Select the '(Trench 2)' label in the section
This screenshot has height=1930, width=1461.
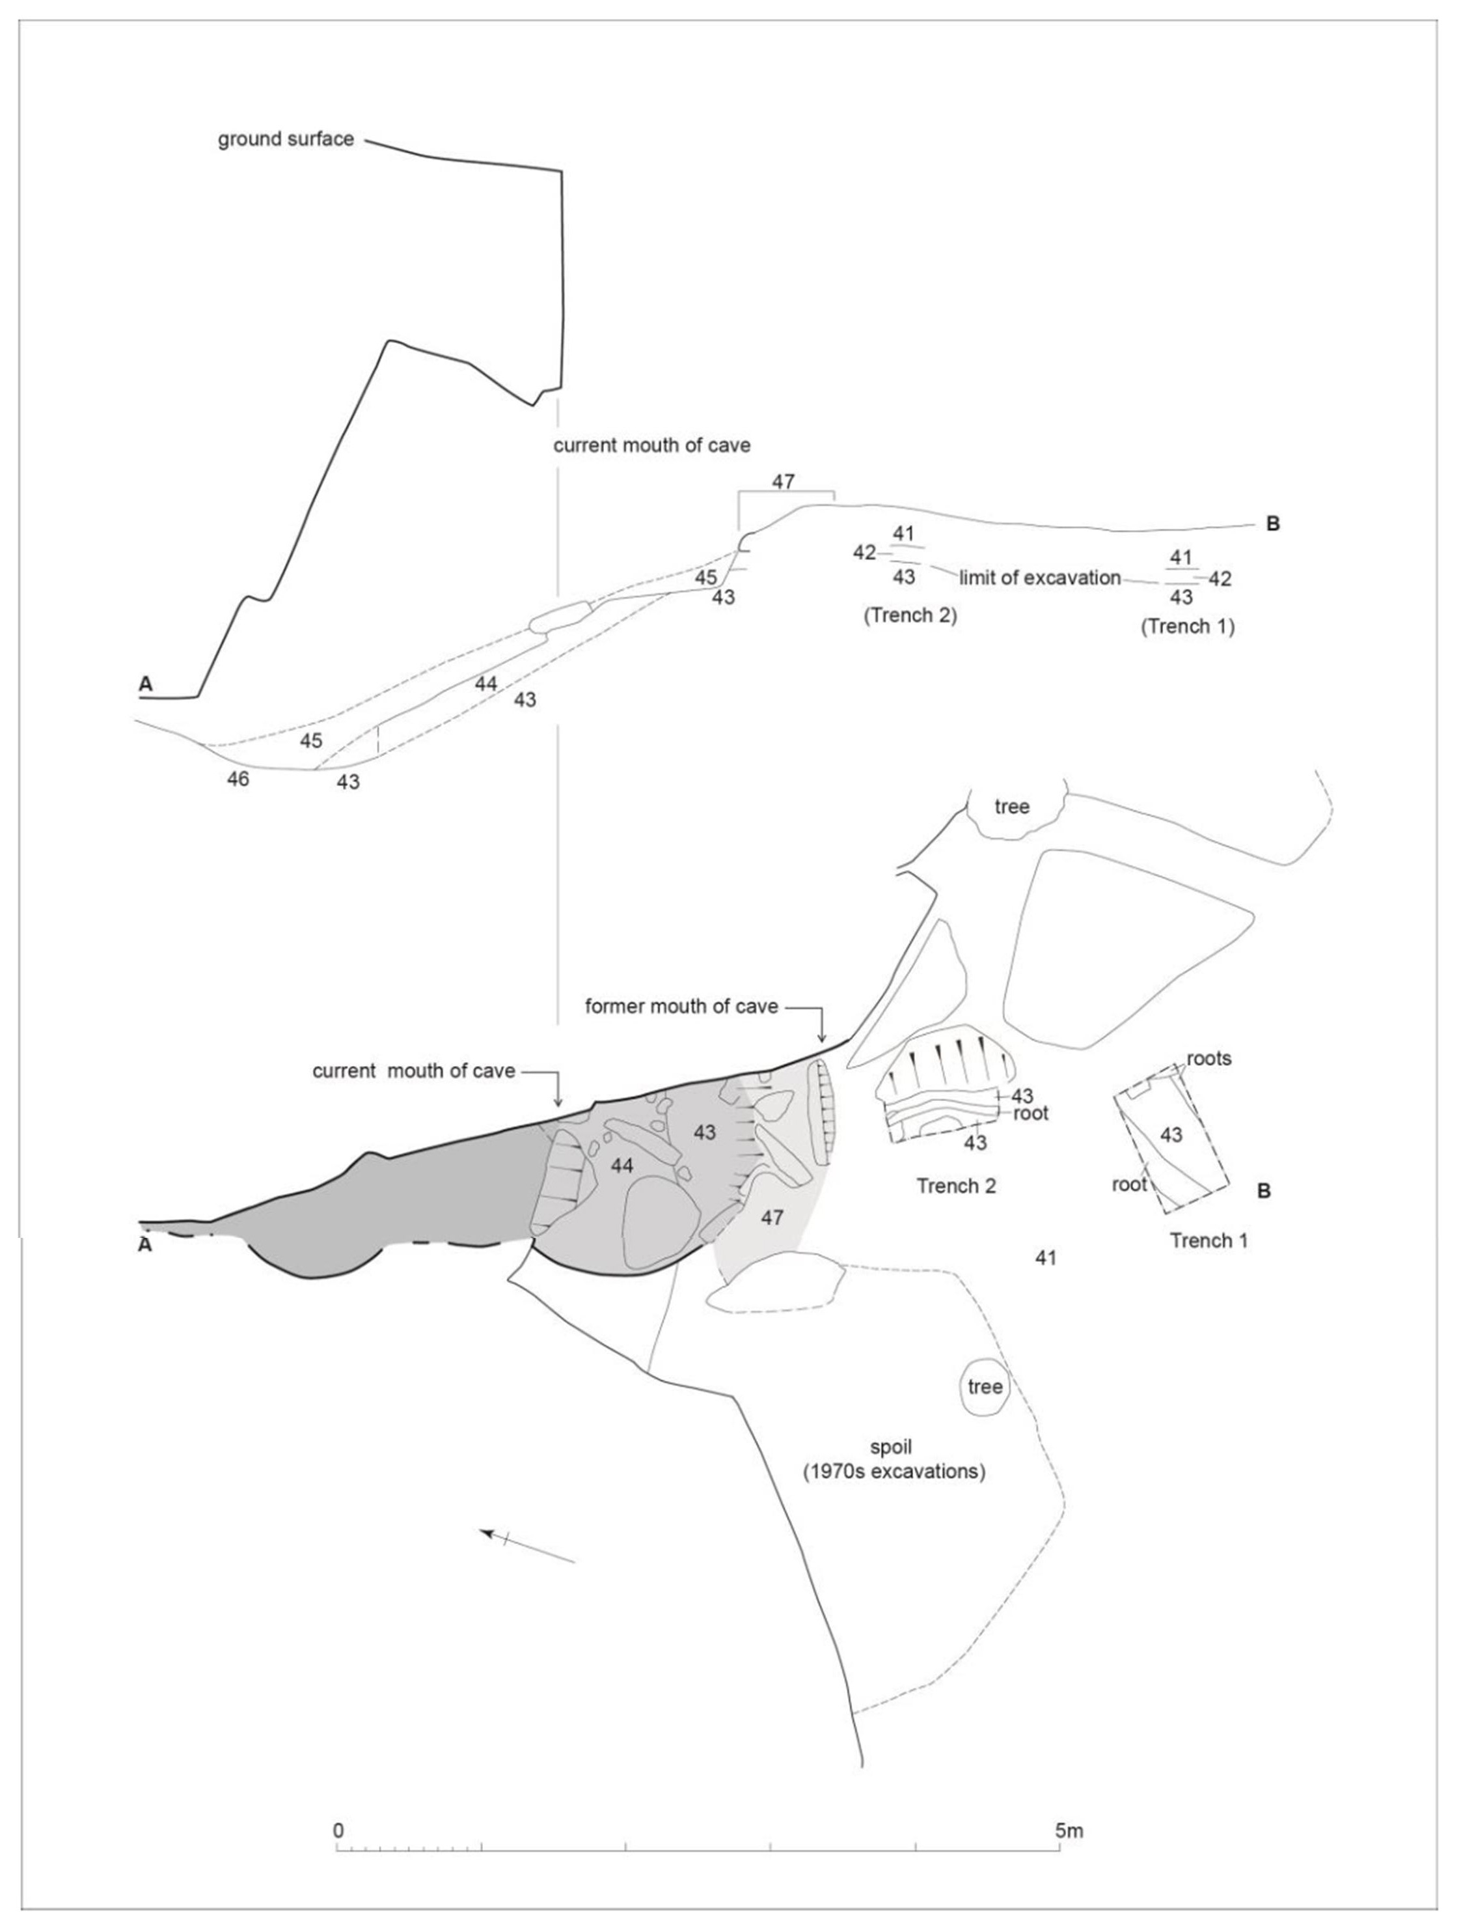(910, 615)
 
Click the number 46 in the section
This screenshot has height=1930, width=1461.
(238, 779)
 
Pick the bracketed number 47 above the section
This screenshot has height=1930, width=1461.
(784, 482)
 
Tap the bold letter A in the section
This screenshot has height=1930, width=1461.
(146, 685)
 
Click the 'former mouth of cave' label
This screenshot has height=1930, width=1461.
(681, 1007)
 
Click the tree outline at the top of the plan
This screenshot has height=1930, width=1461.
(1012, 807)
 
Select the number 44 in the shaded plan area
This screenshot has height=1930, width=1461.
(622, 1165)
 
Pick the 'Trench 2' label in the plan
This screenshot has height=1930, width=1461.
(956, 1186)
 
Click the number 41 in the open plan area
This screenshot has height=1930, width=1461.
(1046, 1257)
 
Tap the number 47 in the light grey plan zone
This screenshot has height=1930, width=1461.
(772, 1217)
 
